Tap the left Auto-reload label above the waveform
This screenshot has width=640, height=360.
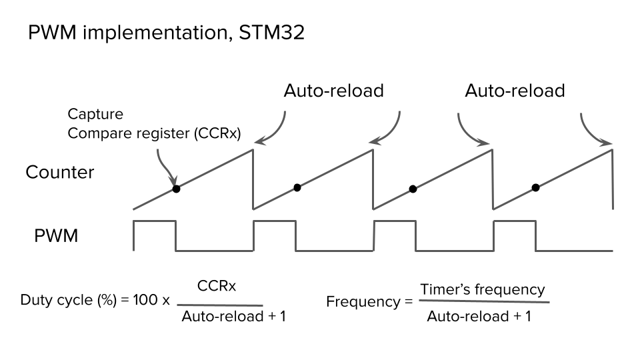333,91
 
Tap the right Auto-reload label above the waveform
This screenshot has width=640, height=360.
515,91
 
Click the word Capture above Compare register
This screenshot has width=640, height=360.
95,115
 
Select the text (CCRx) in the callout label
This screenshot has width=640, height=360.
217,133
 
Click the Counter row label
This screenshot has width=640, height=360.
60,172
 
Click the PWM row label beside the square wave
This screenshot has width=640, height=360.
56,235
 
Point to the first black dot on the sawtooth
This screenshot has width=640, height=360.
176,189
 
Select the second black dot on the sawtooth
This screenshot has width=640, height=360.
297,187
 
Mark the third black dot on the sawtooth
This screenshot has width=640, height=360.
413,189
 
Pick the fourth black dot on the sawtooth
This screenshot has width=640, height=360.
535,187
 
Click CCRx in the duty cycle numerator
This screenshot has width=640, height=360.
217,286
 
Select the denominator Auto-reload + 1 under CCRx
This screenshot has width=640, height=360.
233,316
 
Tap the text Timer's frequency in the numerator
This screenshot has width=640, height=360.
482,289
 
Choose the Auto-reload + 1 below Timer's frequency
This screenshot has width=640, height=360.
479,316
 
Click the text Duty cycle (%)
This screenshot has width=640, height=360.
65,300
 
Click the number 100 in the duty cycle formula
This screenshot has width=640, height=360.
144,300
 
